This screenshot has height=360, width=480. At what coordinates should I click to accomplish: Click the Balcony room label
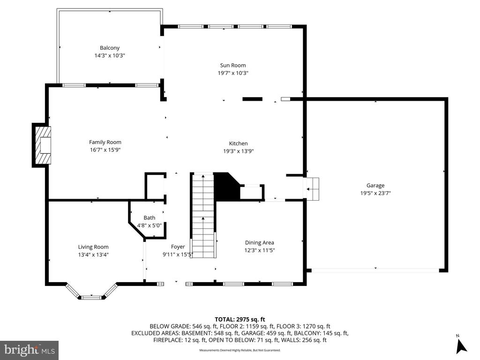(110, 48)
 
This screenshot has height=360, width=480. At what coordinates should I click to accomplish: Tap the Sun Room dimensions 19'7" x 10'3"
(233, 73)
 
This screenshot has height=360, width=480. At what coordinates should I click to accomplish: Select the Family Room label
(105, 142)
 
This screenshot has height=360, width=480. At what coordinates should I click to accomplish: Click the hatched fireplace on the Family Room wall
(42, 145)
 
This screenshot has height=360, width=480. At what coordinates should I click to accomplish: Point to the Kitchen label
(238, 143)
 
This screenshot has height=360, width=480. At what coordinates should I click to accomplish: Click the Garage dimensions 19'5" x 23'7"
(375, 193)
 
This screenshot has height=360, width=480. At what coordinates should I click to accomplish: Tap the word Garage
(375, 185)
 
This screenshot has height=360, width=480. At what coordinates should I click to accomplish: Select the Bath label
(149, 218)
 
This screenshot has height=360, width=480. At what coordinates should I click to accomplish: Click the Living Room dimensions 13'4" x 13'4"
(93, 255)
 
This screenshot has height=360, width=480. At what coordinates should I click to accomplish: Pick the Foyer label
(178, 247)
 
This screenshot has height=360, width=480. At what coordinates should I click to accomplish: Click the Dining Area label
(259, 242)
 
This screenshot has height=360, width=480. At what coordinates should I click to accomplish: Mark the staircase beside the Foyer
(203, 216)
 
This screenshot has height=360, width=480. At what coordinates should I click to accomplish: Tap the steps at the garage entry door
(312, 189)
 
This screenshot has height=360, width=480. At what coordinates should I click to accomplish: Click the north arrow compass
(461, 345)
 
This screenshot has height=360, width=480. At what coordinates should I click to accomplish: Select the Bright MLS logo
(29, 350)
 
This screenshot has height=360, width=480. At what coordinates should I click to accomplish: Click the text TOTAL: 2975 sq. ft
(240, 319)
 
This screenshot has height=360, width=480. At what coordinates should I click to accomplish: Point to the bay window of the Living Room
(91, 293)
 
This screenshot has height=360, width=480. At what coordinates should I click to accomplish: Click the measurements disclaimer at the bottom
(240, 350)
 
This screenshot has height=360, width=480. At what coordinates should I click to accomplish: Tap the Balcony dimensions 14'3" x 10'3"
(110, 55)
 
